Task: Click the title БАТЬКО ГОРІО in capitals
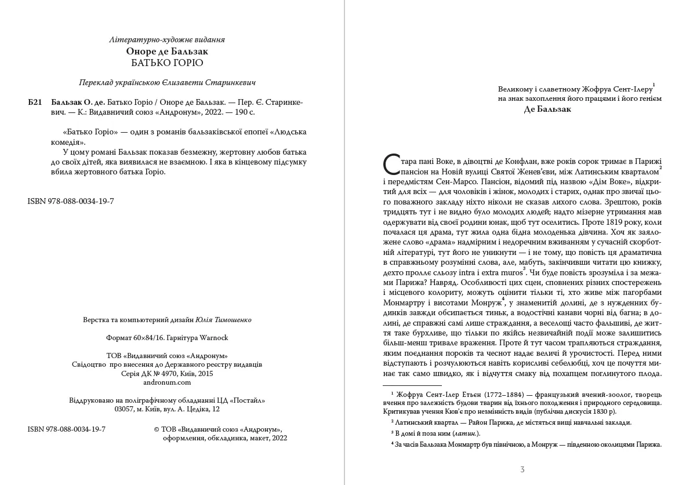[x=167, y=63]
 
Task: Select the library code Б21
[x=35, y=101]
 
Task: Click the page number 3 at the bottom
[x=522, y=469]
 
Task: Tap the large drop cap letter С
[x=391, y=165]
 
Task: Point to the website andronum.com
[x=167, y=382]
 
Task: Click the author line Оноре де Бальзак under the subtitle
[x=167, y=51]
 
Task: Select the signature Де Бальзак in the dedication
[x=547, y=109]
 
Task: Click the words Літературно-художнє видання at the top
[x=167, y=39]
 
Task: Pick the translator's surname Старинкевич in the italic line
[x=230, y=82]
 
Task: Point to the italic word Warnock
[x=215, y=337]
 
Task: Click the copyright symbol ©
[x=157, y=429]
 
